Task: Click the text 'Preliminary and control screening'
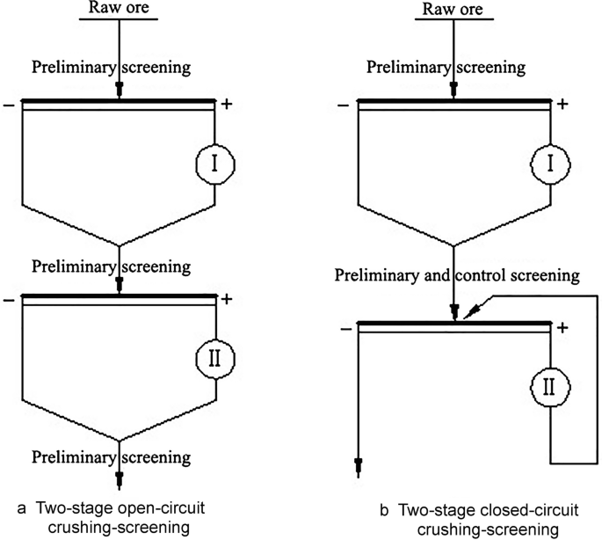tap(457, 275)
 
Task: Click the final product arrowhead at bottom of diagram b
tap(359, 463)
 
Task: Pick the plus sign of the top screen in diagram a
tap(227, 105)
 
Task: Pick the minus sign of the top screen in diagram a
tap(8, 105)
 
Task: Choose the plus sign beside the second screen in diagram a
tap(227, 299)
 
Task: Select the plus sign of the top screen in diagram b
tap(562, 105)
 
